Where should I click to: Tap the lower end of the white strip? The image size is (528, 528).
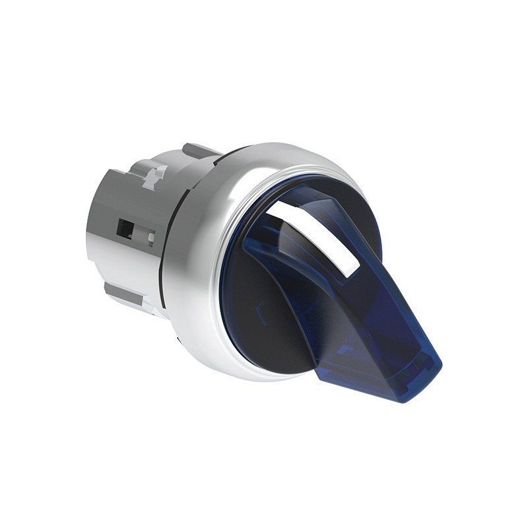pyautogui.click(x=352, y=267)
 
